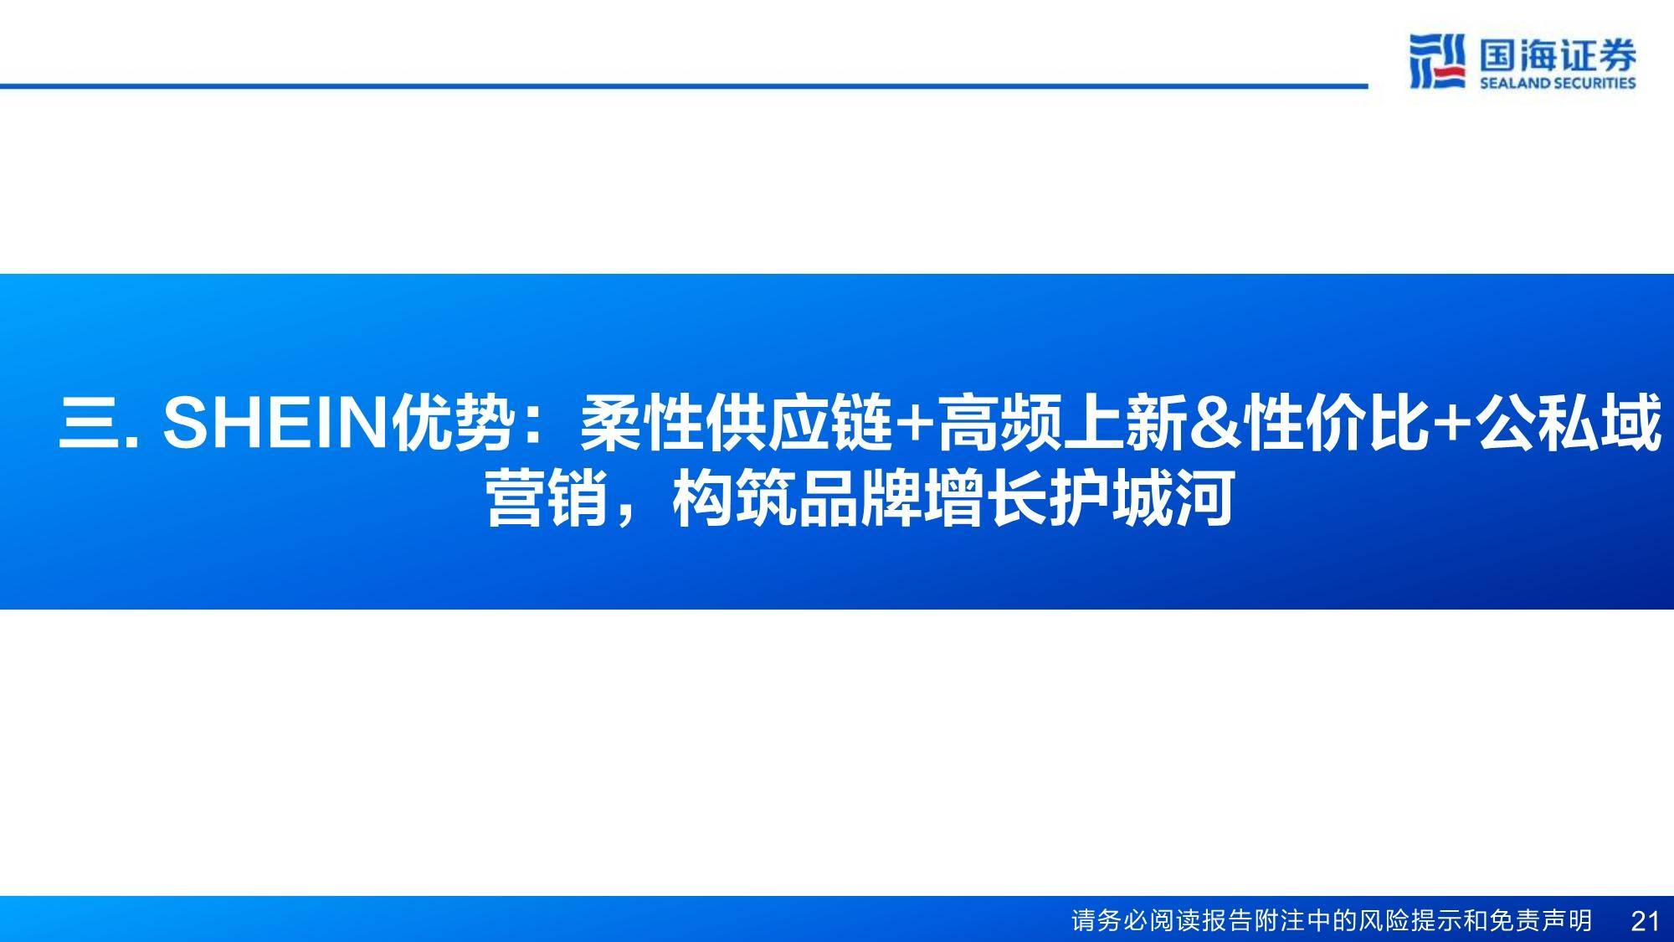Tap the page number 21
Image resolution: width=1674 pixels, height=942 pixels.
pos(1645,921)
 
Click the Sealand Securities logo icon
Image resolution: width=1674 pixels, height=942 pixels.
pos(1437,61)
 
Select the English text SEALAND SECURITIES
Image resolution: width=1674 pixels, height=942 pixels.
pos(1558,82)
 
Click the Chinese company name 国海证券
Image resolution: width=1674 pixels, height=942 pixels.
pos(1558,55)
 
